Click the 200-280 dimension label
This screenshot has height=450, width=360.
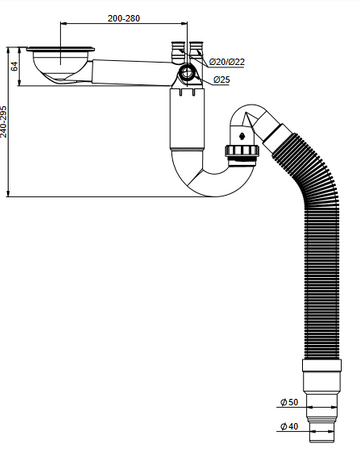124,18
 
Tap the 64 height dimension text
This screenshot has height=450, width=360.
14,66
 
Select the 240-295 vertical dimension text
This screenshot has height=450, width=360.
4,122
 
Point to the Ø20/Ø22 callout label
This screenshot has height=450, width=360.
227,62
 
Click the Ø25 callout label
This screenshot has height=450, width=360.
222,80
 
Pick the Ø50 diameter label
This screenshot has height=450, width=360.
289,402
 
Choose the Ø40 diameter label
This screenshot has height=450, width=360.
289,426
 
